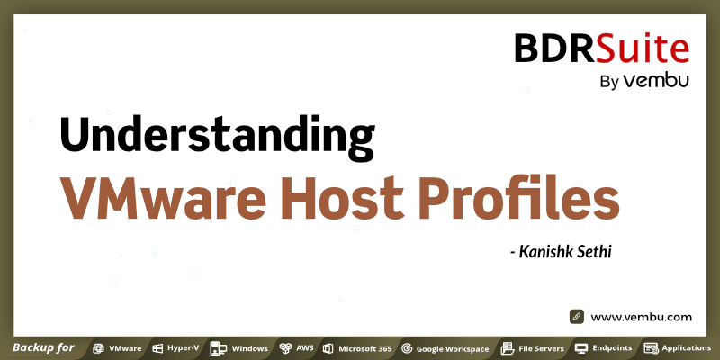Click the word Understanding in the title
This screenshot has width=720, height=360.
(x=217, y=136)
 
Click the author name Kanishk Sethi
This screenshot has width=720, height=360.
(x=565, y=252)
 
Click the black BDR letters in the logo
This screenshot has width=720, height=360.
(x=554, y=48)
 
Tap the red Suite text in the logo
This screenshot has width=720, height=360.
(x=643, y=48)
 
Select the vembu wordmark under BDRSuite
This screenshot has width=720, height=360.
(x=656, y=81)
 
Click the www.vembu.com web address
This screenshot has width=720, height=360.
(x=641, y=317)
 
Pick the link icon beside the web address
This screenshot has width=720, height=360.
(x=577, y=317)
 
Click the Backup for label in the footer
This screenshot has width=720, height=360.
(x=43, y=347)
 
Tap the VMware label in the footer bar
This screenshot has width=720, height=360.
(x=125, y=348)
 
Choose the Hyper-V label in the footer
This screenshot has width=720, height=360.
(x=183, y=348)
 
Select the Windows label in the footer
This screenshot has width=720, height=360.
(x=250, y=348)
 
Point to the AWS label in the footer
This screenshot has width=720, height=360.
(x=305, y=348)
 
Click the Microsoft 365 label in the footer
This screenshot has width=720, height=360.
(x=365, y=348)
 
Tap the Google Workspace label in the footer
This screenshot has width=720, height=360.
(x=453, y=349)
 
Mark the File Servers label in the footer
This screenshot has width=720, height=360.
(x=542, y=348)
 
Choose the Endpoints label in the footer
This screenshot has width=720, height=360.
(x=612, y=348)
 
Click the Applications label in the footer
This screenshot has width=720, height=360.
(x=686, y=348)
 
